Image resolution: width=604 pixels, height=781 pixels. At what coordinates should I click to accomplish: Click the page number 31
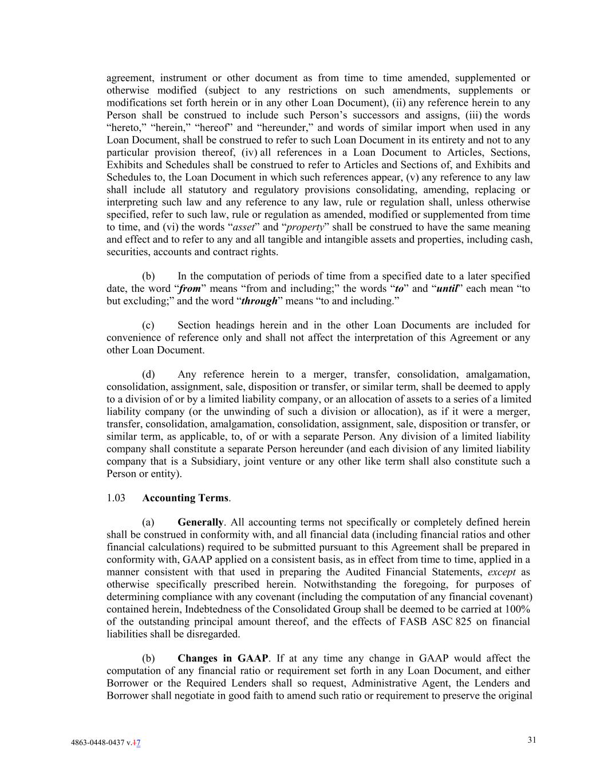click(x=532, y=740)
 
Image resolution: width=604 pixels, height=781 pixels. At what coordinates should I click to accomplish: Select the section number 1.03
click(x=116, y=498)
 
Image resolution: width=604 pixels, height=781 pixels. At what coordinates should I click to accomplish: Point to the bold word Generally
click(x=200, y=522)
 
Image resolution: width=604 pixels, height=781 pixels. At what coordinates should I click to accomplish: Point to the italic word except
click(x=502, y=572)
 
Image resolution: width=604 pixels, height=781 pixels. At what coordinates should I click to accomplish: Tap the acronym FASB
click(x=410, y=622)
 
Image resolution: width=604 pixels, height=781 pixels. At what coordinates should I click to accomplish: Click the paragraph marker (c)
click(x=148, y=326)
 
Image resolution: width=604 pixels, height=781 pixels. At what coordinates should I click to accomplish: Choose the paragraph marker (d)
click(x=148, y=375)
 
